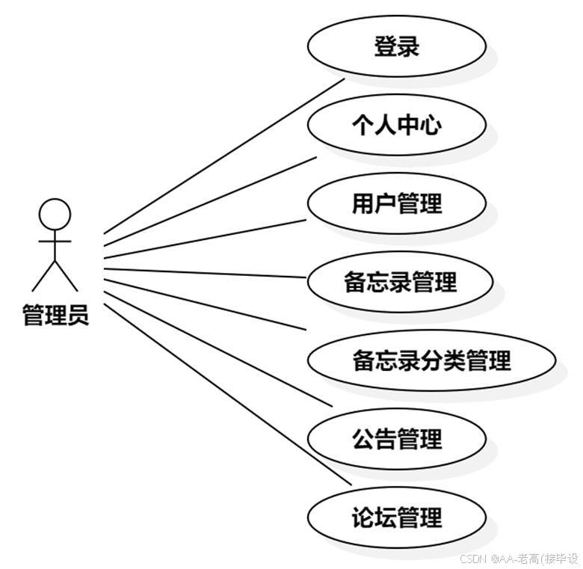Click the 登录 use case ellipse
pyautogui.click(x=396, y=46)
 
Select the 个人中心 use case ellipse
pyautogui.click(x=396, y=125)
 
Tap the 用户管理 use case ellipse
pyautogui.click(x=396, y=203)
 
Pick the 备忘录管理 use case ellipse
pyautogui.click(x=399, y=282)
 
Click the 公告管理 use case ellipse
pyautogui.click(x=396, y=439)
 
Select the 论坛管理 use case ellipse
pyautogui.click(x=396, y=517)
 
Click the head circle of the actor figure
pyautogui.click(x=55, y=213)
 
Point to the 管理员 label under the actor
pyautogui.click(x=55, y=315)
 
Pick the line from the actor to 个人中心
pyautogui.click(x=209, y=196)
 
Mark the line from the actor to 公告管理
pyautogui.click(x=217, y=345)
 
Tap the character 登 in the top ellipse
pyautogui.click(x=385, y=46)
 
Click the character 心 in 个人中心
pyautogui.click(x=430, y=125)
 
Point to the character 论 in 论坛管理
pyautogui.click(x=363, y=517)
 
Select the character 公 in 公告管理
pyautogui.click(x=363, y=439)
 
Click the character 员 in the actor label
pyautogui.click(x=78, y=315)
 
